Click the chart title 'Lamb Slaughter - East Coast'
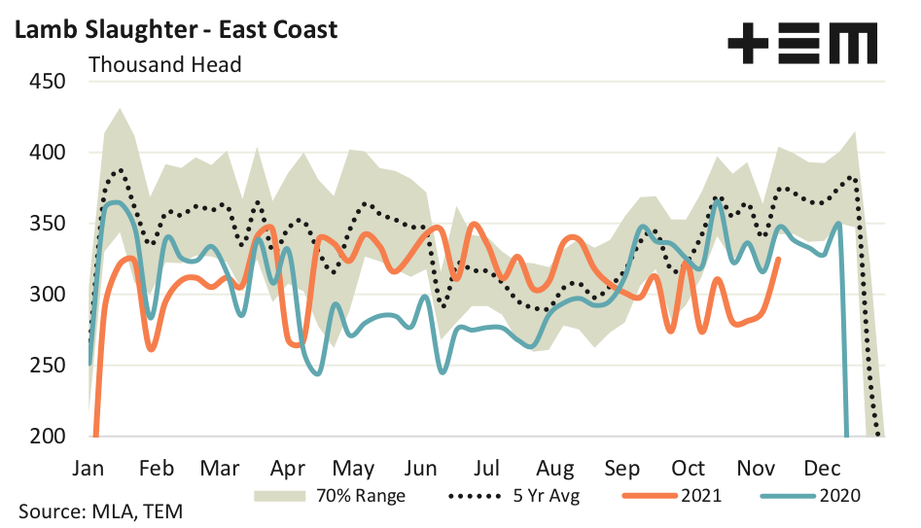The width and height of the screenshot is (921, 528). point(175,29)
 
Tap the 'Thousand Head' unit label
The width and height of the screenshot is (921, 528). point(164,65)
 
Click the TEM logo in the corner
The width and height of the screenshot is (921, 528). point(801,44)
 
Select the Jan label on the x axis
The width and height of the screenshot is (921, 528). point(89,467)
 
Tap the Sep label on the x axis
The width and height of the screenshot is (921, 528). point(623,467)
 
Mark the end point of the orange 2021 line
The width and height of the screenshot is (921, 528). point(779,259)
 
